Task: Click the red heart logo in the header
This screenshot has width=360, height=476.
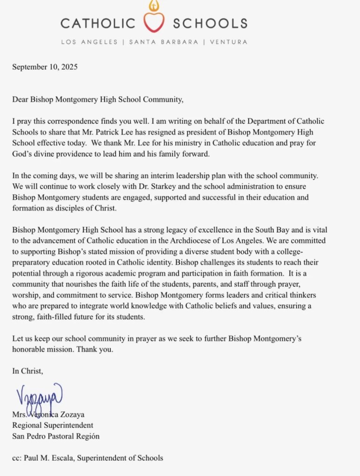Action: coord(153,21)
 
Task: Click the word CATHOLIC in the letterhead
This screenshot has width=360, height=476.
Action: coord(98,23)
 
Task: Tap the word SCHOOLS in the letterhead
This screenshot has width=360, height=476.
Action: coord(210,23)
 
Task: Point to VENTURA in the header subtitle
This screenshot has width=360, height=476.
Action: coord(228,42)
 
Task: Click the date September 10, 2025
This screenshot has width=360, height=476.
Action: coord(45,66)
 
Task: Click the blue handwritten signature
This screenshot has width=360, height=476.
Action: coord(40,395)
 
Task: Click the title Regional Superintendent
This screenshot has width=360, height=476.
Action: coord(53,425)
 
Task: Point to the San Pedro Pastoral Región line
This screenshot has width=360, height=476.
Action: coord(56,436)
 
